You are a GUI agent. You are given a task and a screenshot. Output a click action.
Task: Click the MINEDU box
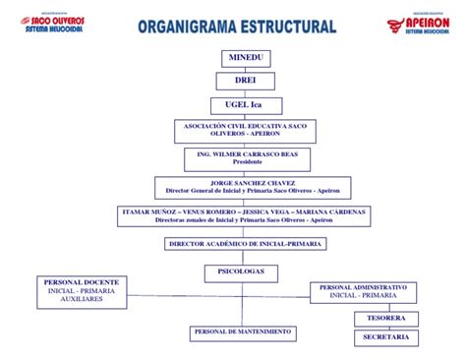[x=246, y=57]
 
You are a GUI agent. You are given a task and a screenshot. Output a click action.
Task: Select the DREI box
[x=246, y=81]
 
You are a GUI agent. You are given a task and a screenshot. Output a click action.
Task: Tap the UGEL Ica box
[x=246, y=105]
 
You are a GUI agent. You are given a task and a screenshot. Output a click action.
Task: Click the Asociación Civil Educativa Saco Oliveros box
[x=246, y=132]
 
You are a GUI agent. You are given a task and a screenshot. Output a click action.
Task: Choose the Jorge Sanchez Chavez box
[x=246, y=187]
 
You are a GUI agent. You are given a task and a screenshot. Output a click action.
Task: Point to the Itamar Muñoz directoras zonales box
[x=245, y=215]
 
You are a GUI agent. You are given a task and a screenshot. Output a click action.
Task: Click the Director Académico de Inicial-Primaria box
[x=245, y=243]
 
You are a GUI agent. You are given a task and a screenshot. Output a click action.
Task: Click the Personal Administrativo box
[x=364, y=291]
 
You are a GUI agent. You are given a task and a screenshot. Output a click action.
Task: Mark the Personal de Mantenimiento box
[x=243, y=333]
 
